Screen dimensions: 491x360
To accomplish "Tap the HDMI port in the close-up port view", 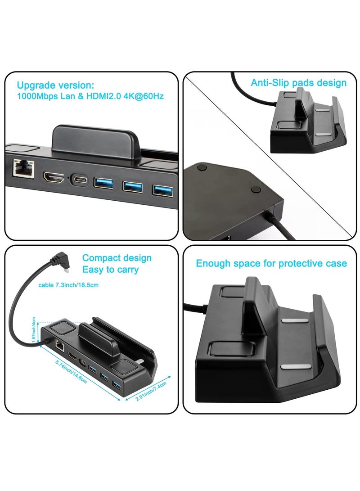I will pos(53,178).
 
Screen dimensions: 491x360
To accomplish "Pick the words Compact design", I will pos(117,258).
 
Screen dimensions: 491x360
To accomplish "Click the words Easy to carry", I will pos(110,270).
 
